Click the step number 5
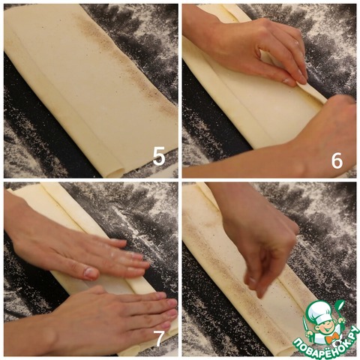159,156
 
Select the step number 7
160,338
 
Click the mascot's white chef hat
322,310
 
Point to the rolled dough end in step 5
115,172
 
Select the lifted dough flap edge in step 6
312,91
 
